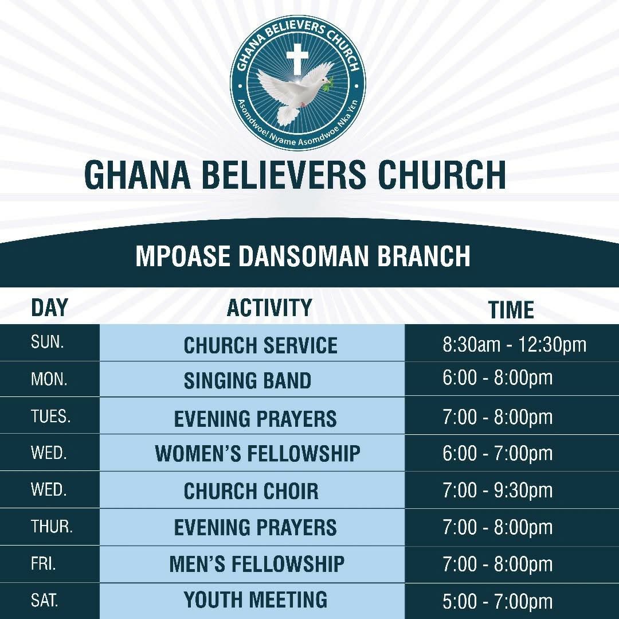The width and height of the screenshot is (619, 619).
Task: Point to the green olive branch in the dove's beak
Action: point(328,84)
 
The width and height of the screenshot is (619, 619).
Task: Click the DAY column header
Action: point(49,307)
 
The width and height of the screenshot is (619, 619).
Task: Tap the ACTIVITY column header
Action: point(269,307)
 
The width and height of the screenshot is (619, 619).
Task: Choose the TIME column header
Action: point(511,310)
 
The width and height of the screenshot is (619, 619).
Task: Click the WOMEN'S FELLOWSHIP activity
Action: point(257,453)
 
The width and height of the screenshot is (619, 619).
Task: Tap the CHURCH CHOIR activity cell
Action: point(251,491)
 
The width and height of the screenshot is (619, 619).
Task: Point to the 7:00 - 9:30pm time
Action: point(497,490)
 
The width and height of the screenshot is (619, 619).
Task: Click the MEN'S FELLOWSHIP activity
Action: point(257,564)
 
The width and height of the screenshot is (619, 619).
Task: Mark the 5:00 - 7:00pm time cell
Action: point(497,602)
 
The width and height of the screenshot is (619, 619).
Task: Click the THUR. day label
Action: point(52,527)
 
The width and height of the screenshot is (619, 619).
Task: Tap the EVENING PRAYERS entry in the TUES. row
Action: point(256,419)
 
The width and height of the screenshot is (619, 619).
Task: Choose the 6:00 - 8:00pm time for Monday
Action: point(497,377)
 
